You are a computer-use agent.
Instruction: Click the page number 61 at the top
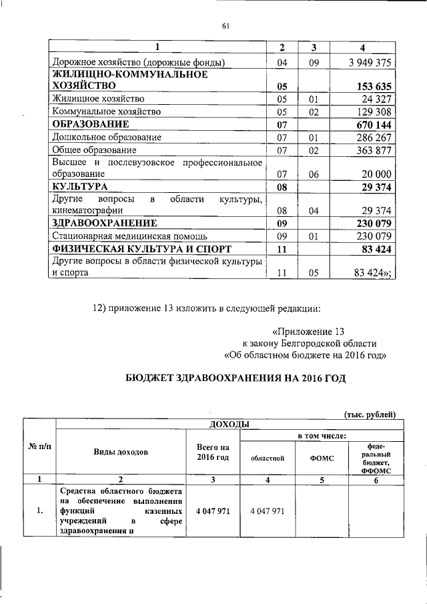(x=225, y=26)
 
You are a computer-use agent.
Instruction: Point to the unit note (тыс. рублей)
(x=370, y=414)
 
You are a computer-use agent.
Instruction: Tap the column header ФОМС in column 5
(x=322, y=459)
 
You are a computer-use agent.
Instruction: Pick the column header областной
(x=268, y=459)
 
